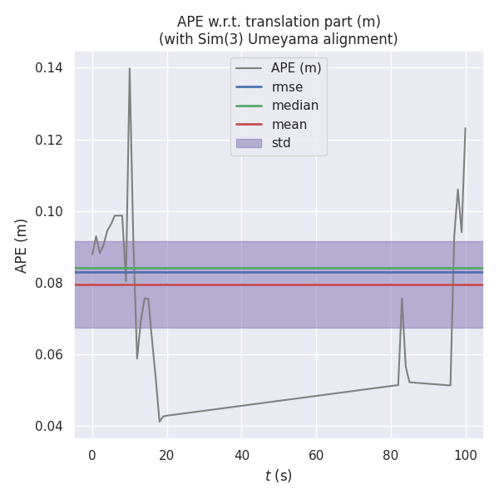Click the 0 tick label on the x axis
92,455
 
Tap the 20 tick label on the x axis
167,455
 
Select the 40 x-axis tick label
242,455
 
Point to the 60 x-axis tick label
316,455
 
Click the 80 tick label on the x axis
391,455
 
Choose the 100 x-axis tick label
466,455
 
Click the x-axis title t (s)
279,476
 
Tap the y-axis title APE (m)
22,245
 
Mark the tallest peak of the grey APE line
129,69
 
